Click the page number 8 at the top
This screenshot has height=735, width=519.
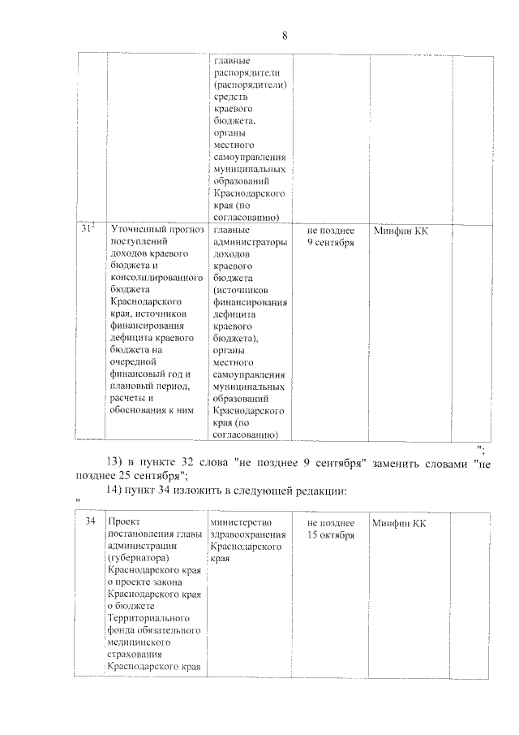tap(285, 36)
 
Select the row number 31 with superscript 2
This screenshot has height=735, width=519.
tap(89, 231)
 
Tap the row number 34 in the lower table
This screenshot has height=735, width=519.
tap(91, 521)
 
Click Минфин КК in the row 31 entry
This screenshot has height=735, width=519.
tap(401, 231)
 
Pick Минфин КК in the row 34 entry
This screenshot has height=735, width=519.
tap(400, 522)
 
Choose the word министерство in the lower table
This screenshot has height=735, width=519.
tap(241, 522)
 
